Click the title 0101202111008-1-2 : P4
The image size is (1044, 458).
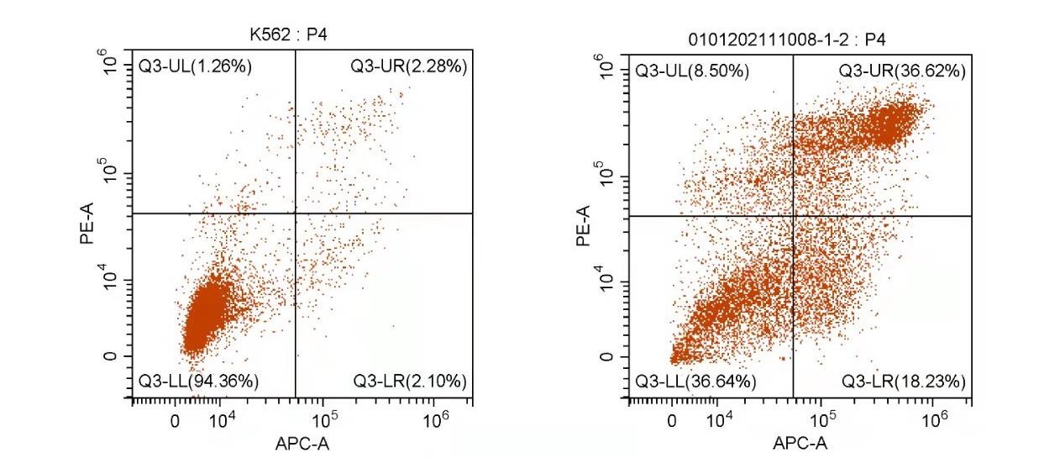[x=798, y=38]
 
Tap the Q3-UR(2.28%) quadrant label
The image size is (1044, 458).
[x=409, y=66]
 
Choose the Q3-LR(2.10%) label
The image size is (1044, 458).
[x=409, y=381]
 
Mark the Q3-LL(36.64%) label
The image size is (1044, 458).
[x=695, y=381]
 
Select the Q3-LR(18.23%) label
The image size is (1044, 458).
[x=904, y=381]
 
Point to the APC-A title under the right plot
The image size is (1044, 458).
[x=800, y=444]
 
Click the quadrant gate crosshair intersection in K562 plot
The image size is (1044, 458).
[x=296, y=213]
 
